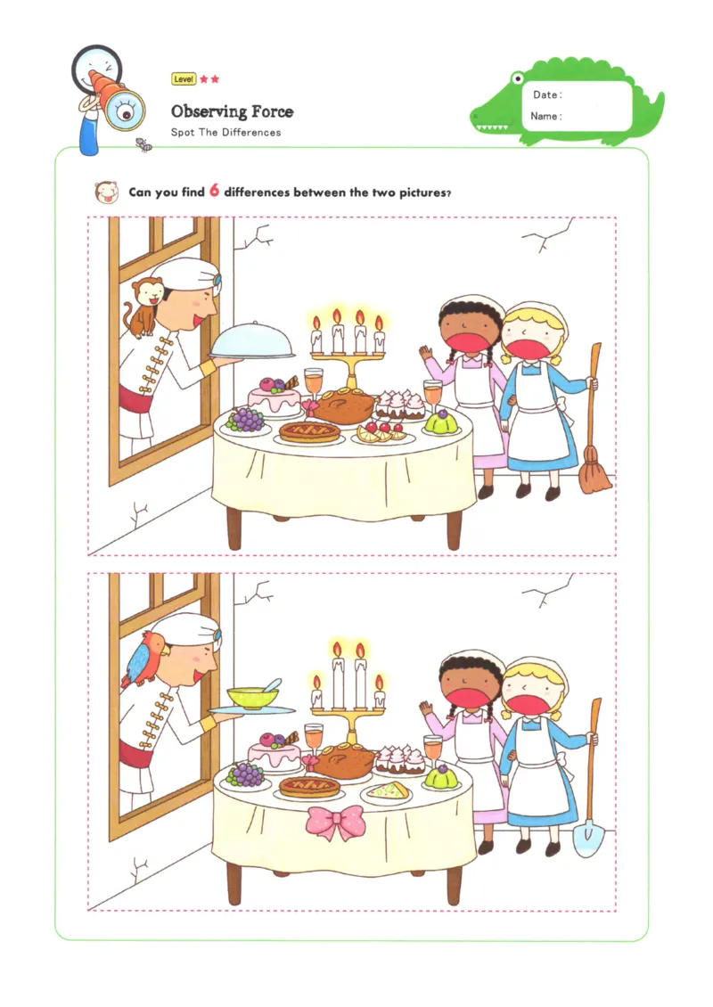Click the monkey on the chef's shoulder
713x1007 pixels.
[142, 307]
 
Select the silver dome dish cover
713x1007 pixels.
[252, 342]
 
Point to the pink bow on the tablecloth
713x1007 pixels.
[335, 822]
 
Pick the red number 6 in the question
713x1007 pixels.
[214, 191]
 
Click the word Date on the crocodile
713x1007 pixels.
[546, 95]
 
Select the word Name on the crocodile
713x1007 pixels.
[545, 117]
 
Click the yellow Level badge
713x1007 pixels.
[184, 79]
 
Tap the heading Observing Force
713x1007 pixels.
[232, 111]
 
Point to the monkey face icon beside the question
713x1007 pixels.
[106, 192]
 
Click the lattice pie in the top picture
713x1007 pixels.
[309, 432]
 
